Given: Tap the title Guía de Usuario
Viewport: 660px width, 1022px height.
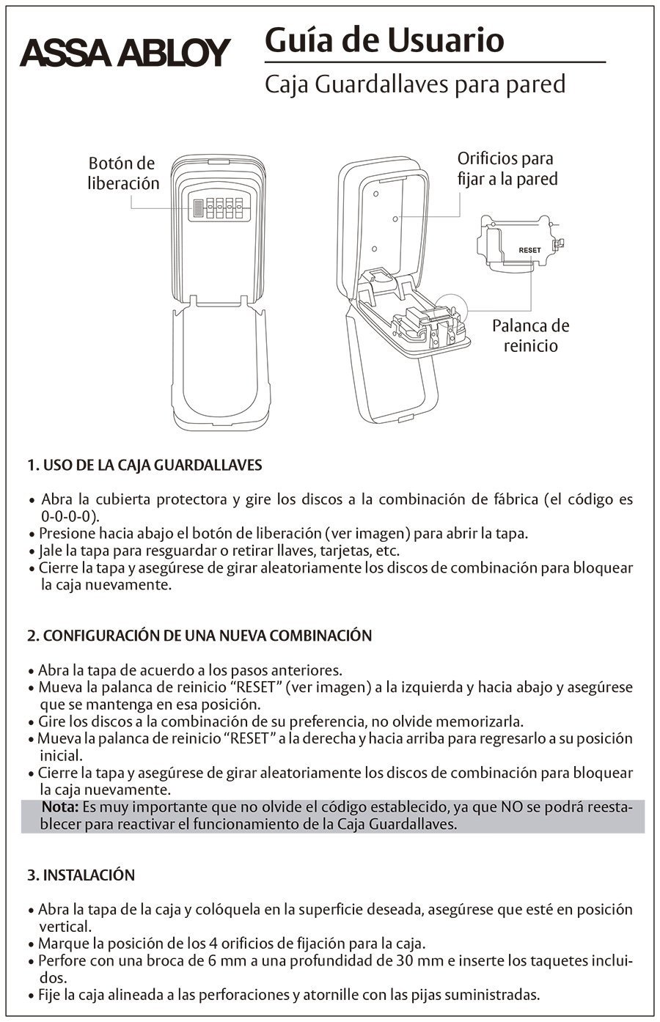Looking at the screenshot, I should point(384,40).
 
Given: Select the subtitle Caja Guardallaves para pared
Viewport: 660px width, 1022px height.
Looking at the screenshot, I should point(414,85).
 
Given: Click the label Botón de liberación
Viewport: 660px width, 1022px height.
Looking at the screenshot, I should point(122,173).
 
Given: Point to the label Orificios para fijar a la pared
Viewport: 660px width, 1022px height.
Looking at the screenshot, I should point(507,168).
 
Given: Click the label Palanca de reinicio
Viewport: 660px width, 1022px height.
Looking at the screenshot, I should point(530,335).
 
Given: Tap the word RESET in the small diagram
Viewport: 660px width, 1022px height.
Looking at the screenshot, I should point(529,250).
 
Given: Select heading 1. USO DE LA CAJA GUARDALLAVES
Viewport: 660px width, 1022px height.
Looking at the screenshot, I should point(144,465).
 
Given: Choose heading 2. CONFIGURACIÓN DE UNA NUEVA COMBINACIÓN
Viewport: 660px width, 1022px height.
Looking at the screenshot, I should point(199,636).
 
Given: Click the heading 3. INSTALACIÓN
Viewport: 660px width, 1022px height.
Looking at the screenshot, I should point(81,875).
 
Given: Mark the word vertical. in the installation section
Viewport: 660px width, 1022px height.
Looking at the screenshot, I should point(65,926).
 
